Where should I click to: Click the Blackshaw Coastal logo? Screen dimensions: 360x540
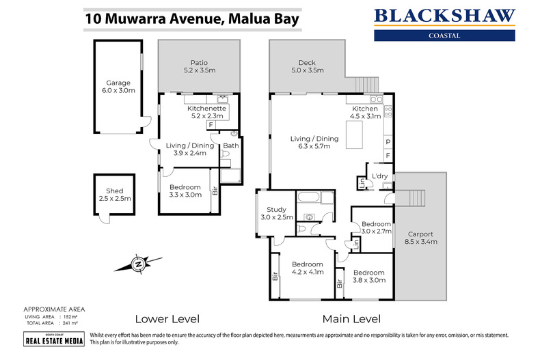click(445, 23)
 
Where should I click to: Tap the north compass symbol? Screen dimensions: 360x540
click(138, 263)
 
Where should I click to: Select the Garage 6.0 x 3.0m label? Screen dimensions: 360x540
click(118, 87)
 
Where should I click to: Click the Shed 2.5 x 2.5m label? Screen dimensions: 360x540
click(113, 195)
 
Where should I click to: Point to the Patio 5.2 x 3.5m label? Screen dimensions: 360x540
click(199, 66)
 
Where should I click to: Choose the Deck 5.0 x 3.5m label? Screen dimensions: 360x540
click(307, 66)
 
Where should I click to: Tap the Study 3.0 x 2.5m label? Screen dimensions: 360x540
click(276, 213)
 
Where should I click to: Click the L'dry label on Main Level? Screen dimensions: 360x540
click(379, 176)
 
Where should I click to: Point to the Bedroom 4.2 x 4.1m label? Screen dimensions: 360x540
click(307, 268)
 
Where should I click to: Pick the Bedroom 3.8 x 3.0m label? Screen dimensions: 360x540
click(368, 275)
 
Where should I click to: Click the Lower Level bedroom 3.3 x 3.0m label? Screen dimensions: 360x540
click(185, 191)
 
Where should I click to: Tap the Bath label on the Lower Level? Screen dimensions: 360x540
click(230, 146)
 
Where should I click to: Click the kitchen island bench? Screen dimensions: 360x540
click(355, 137)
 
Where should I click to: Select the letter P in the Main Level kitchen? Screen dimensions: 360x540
click(388, 142)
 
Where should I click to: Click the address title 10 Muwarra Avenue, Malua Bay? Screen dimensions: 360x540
click(192, 18)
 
